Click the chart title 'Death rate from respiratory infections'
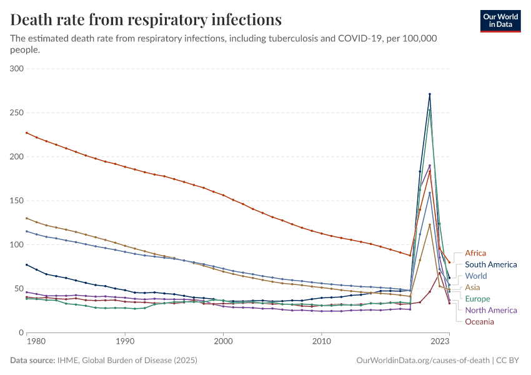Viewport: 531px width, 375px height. pos(146,19)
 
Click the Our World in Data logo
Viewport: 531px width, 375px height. pos(500,20)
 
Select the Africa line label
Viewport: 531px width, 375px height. pos(475,253)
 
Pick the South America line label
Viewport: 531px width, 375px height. pos(491,264)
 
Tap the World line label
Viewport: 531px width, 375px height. pos(475,276)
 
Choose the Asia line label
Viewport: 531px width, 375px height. pos(473,287)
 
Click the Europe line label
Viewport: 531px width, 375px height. pos(478,299)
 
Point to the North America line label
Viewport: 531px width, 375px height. pos(491,310)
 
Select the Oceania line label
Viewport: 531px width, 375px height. pos(479,321)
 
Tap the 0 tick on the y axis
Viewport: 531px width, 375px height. pos(21,332)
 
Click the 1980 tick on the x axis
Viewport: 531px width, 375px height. pos(36,342)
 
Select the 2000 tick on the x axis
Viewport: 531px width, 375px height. pos(223,342)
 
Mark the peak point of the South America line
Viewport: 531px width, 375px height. pos(430,94)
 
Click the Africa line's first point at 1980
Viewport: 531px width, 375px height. pos(26,132)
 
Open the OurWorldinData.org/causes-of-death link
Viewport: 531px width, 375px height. pos(422,361)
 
